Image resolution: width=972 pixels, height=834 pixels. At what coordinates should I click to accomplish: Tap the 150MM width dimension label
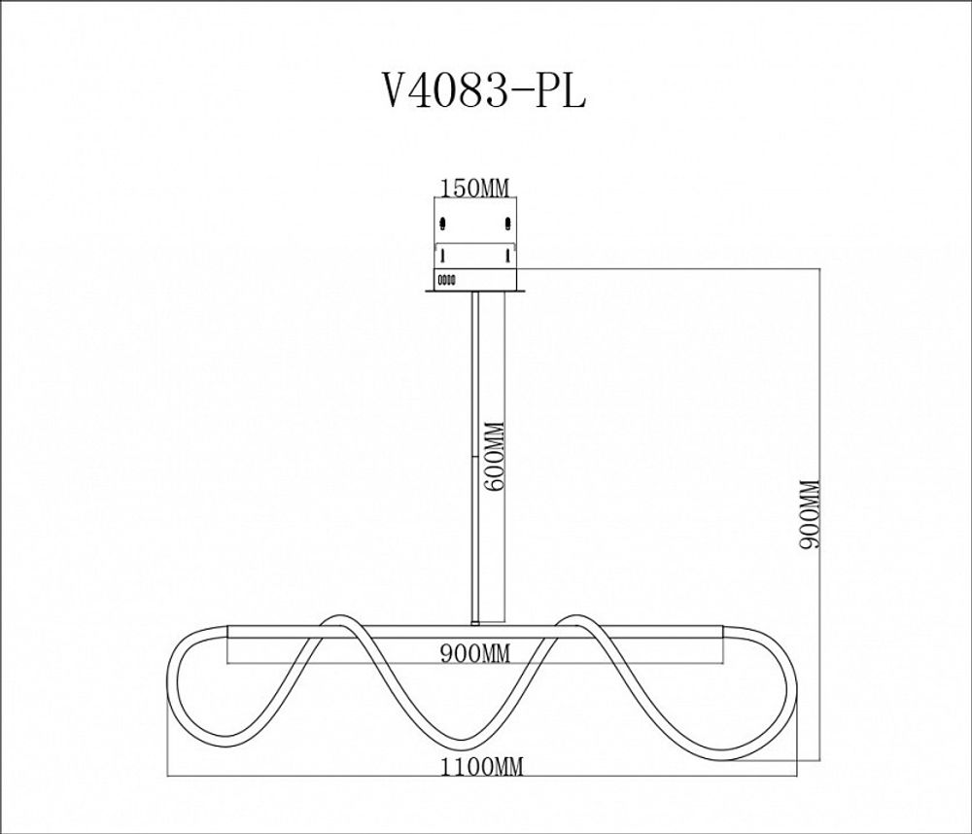pyautogui.click(x=475, y=189)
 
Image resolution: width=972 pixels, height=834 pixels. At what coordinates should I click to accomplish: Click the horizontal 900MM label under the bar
pyautogui.click(x=474, y=654)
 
